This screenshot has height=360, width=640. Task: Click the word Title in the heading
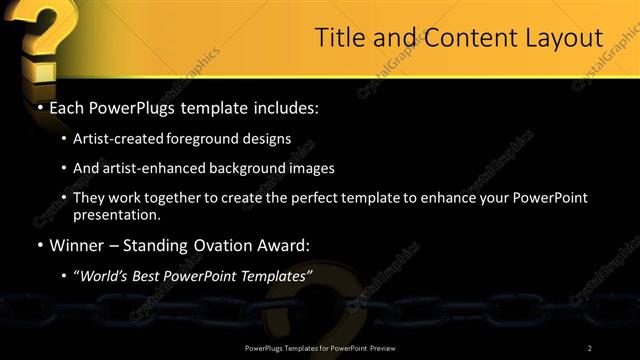[x=339, y=38]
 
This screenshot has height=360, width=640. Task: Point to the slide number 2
[x=590, y=348]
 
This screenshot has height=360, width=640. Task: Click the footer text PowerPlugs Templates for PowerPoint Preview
[x=318, y=348]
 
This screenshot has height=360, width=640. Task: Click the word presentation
[x=116, y=215]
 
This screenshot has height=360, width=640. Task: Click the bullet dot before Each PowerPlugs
[x=39, y=105]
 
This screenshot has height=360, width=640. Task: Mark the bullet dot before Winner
[x=39, y=245]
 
